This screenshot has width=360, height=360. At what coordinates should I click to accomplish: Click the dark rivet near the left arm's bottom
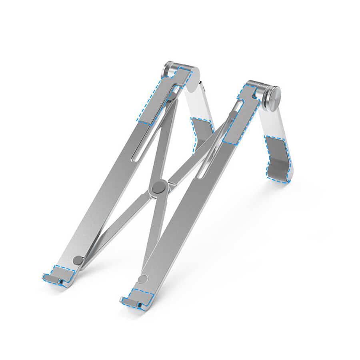[78, 260]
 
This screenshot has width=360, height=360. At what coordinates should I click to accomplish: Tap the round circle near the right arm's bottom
[142, 279]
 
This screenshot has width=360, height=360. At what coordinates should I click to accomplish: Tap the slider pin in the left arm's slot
[172, 96]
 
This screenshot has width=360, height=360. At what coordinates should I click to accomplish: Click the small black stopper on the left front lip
[60, 282]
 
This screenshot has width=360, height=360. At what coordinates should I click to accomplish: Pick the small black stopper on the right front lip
[138, 306]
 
